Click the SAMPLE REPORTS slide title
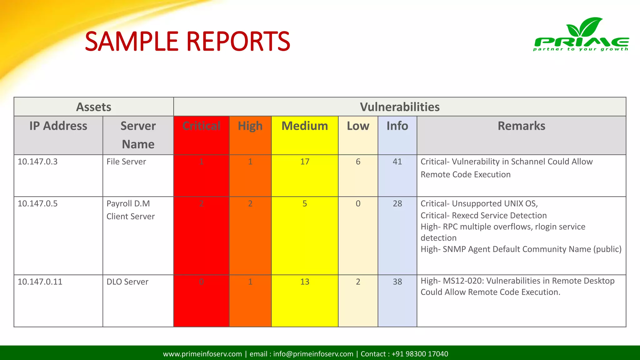(187, 41)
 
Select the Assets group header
(94, 107)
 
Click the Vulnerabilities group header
(400, 107)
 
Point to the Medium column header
(305, 126)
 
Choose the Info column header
(397, 126)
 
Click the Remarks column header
(521, 126)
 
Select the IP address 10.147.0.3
(37, 162)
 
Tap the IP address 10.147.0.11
(40, 282)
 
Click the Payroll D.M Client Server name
(130, 210)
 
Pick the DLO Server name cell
(127, 282)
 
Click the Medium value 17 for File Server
(305, 162)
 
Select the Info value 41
(397, 162)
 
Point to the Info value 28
(397, 203)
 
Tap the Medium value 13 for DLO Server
(305, 282)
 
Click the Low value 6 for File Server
(358, 162)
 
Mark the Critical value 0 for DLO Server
(201, 282)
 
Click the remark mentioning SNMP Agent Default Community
(521, 249)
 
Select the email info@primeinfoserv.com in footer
(313, 354)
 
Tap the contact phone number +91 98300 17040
(420, 354)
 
